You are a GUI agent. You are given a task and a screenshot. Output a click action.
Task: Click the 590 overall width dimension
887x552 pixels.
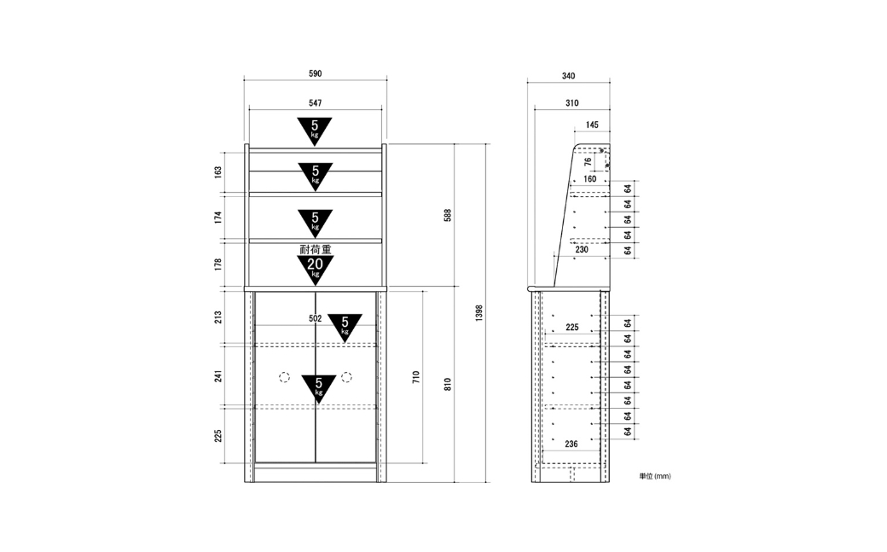tap(315, 73)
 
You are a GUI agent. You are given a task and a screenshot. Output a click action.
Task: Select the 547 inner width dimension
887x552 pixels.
tap(315, 103)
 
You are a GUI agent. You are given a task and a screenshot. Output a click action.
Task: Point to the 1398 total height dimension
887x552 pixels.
tap(479, 313)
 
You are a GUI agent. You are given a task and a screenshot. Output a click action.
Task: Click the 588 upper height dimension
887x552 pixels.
tap(448, 215)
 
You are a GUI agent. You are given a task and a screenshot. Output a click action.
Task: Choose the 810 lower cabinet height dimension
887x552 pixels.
tap(448, 385)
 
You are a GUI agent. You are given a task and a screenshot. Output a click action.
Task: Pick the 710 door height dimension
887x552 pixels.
tap(416, 377)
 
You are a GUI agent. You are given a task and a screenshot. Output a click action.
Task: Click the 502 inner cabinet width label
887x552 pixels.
tap(315, 319)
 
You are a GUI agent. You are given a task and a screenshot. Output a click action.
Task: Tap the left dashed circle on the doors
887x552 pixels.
tap(284, 377)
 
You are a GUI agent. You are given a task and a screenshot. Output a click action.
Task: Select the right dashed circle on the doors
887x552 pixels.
tap(347, 376)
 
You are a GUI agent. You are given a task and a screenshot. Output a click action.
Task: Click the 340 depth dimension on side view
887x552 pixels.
tap(569, 76)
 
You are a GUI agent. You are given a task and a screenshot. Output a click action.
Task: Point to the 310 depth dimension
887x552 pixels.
tap(572, 103)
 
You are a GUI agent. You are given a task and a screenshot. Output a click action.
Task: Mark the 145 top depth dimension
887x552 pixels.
tap(592, 125)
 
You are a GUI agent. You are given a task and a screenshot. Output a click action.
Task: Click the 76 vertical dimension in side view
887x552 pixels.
tap(588, 161)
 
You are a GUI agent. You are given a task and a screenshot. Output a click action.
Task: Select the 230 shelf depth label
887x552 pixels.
tap(582, 249)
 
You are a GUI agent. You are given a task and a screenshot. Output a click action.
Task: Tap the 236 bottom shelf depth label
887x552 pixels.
tap(571, 444)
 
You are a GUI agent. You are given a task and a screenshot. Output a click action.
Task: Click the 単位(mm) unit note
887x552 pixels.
tap(655, 476)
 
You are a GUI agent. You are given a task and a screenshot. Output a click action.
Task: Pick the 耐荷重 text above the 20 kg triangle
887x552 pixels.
tap(315, 249)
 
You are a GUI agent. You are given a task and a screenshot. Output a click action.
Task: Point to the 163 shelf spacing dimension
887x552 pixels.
tap(217, 172)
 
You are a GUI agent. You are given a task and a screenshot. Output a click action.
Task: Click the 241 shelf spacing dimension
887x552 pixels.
tap(217, 375)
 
